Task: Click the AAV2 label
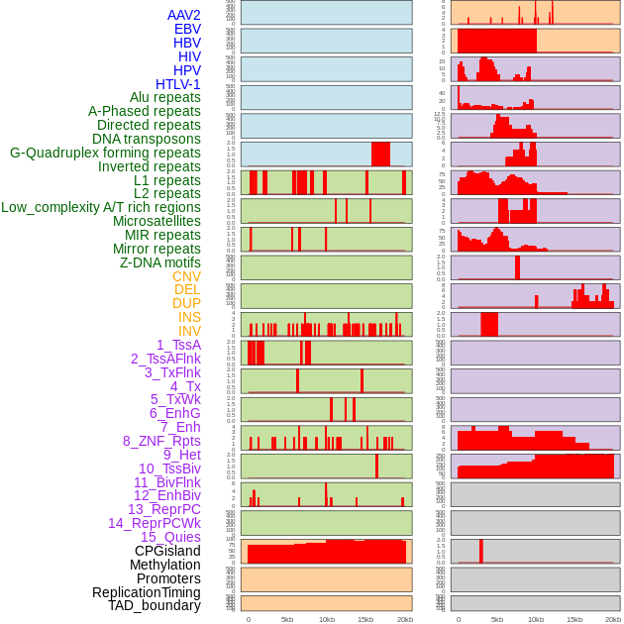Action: point(184,15)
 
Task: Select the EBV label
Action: point(187,29)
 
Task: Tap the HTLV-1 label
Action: point(178,84)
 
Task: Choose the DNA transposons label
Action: point(147,139)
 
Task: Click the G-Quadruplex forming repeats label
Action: point(105,153)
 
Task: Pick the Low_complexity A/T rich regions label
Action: point(101,207)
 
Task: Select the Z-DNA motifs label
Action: point(160,262)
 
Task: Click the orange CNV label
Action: point(186,276)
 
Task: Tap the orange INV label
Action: point(189,331)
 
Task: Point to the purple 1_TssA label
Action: point(178,345)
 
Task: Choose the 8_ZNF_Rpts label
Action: point(161,441)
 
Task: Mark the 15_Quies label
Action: point(169,537)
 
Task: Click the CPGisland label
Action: point(167,551)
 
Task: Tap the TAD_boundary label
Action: point(155,605)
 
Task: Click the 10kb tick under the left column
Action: point(327,619)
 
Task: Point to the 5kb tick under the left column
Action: point(287,619)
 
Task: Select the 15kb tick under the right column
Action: point(574,619)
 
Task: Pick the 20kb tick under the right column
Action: point(613,619)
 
